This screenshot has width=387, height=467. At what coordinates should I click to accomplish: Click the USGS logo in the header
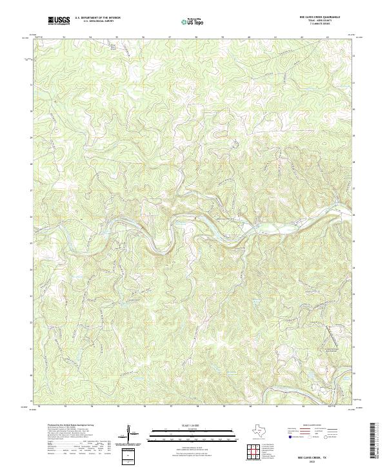[59, 21]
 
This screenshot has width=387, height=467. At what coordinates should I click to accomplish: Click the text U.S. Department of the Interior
[97, 19]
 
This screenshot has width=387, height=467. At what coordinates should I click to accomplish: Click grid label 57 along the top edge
[170, 37]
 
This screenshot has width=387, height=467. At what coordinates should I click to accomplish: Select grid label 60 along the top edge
[249, 37]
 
